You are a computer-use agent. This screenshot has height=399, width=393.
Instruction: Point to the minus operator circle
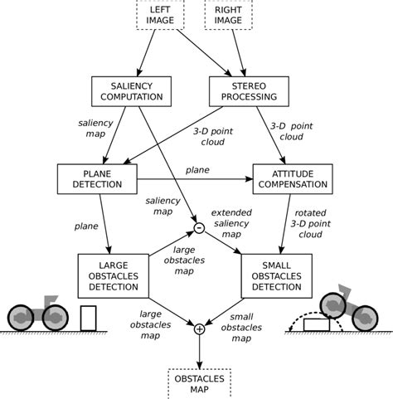199,227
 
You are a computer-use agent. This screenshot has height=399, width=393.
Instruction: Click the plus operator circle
199,329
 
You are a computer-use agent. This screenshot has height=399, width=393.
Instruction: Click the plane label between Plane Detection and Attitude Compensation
197,169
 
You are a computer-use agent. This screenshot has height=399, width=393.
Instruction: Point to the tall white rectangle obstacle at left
89,318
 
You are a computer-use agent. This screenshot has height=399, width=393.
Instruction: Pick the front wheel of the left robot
56,316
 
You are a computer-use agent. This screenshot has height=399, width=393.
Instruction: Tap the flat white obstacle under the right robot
317,324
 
